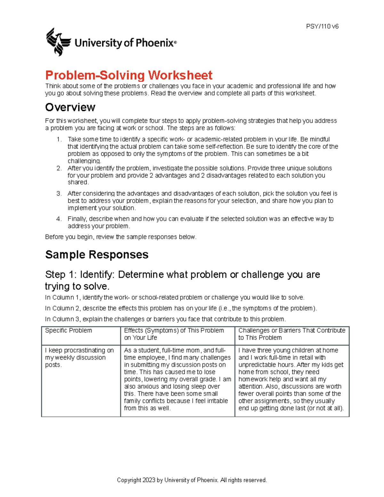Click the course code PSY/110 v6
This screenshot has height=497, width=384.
pyautogui.click(x=322, y=27)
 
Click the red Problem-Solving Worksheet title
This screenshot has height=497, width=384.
pyautogui.click(x=129, y=76)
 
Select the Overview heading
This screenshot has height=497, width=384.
pyautogui.click(x=70, y=107)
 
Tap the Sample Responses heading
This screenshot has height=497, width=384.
pyautogui.click(x=97, y=255)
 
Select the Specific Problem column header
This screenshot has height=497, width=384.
pyautogui.click(x=68, y=331)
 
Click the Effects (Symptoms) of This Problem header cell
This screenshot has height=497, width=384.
pyautogui.click(x=174, y=334)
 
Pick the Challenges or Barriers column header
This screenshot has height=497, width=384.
pyautogui.click(x=292, y=334)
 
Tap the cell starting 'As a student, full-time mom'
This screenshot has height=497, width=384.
pyautogui.click(x=177, y=379)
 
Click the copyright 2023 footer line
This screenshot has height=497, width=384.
pyautogui.click(x=192, y=480)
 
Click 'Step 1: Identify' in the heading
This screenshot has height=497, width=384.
pyautogui.click(x=80, y=275)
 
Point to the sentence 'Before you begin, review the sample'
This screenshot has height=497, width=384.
pyautogui.click(x=121, y=237)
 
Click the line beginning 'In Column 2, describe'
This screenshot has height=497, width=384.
pyautogui.click(x=181, y=309)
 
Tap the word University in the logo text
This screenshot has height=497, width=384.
pyautogui.click(x=98, y=43)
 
